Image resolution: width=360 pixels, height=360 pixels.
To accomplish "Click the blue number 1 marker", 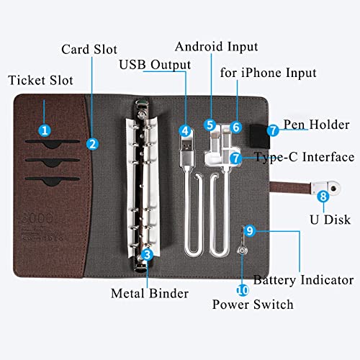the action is point(45,130).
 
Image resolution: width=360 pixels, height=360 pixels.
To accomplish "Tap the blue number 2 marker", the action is point(92,144).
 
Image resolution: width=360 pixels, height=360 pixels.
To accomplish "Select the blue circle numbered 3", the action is point(147,254).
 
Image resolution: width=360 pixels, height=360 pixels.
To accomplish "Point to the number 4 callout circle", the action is point(185,131).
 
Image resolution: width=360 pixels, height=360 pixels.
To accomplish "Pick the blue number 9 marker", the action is point(250,231).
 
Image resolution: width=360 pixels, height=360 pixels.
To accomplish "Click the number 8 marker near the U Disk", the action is point(323,197).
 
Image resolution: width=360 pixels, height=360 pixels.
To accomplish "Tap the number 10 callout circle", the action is point(243,290).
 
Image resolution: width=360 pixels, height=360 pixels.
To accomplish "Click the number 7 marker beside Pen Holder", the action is point(273,130).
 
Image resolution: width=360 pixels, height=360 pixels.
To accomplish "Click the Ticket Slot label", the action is point(40,80).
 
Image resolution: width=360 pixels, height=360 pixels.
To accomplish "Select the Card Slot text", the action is point(89,50).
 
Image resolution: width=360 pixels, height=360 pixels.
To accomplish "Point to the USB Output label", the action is point(155,65).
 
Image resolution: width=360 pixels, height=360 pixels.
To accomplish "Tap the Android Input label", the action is point(217,47).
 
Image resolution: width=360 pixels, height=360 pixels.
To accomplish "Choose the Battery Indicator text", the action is point(304,280).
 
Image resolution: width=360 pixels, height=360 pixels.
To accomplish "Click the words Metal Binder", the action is point(150,293).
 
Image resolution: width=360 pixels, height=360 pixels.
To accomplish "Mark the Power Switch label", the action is point(253,305).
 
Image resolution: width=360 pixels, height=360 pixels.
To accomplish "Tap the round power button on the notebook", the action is point(242,251).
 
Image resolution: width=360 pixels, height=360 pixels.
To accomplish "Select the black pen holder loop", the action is point(260,136).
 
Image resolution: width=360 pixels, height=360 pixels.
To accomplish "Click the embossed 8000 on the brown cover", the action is point(37,218).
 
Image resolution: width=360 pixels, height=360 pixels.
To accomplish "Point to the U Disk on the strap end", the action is point(325,188).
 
